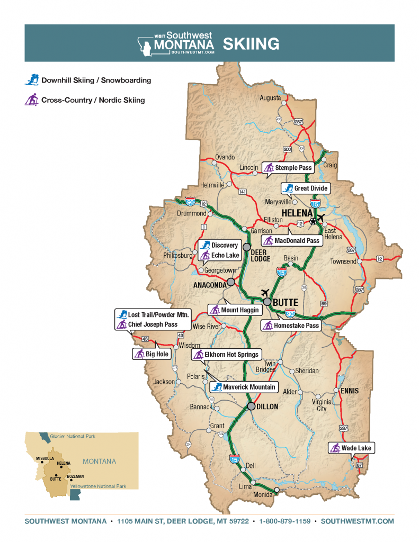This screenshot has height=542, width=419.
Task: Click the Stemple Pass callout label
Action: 289,168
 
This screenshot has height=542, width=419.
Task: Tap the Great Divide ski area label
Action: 305,188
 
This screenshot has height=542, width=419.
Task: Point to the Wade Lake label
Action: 351,448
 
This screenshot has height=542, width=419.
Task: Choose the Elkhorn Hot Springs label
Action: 226,355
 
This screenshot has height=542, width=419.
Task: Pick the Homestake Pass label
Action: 291,326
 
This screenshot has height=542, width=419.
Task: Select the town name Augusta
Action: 270,98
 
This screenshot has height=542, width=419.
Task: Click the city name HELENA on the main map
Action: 298,213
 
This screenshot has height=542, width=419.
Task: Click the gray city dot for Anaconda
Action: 231,282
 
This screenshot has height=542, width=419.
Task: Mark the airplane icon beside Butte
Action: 265,293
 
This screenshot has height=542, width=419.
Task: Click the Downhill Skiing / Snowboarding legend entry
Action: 89,80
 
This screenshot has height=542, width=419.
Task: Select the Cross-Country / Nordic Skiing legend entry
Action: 85,100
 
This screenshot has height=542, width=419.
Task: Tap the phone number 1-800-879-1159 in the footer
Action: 285,521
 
